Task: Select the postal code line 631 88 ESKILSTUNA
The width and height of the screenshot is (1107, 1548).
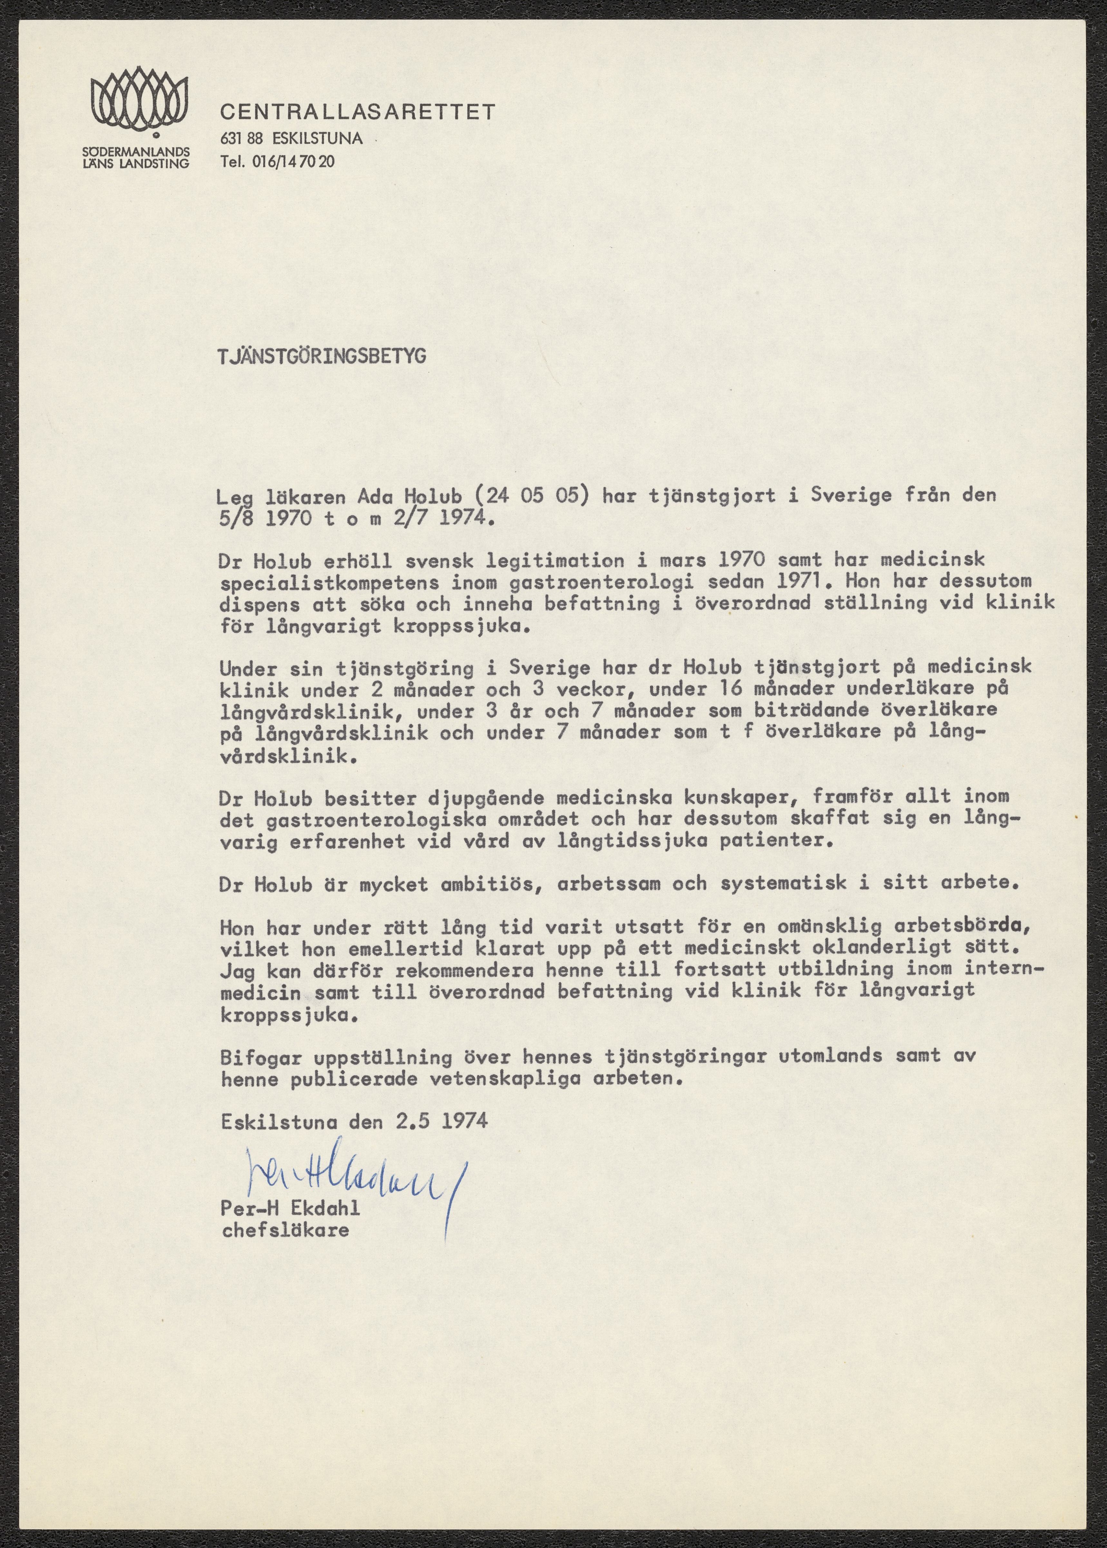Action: (291, 138)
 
